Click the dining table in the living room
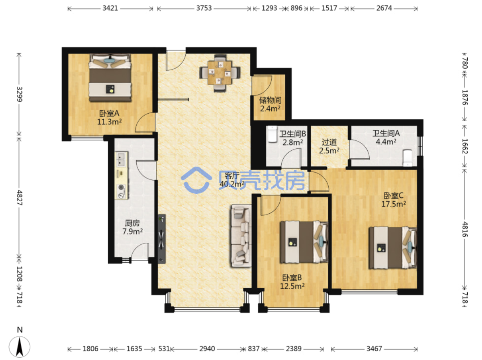click(219, 73)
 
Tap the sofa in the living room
click(241, 236)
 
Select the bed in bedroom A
click(110, 78)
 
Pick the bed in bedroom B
click(304, 242)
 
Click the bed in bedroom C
click(393, 248)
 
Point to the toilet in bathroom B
click(272, 134)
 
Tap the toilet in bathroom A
click(408, 157)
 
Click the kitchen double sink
click(121, 159)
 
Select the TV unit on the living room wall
click(162, 239)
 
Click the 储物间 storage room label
click(270, 100)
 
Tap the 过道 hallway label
click(329, 142)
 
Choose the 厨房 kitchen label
click(132, 223)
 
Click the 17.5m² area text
click(393, 204)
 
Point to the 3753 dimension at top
click(204, 8)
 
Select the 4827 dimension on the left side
click(20, 198)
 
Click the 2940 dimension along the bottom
click(207, 348)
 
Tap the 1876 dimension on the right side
click(465, 97)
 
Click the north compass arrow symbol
click(20, 347)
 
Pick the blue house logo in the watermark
click(196, 180)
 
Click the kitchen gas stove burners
click(121, 191)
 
